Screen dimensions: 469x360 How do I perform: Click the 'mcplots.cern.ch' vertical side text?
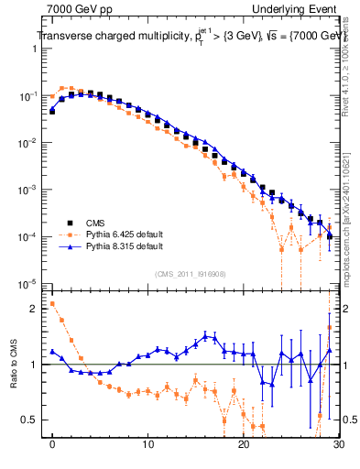pos(349,247)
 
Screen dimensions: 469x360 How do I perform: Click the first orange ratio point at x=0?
pos(52,303)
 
